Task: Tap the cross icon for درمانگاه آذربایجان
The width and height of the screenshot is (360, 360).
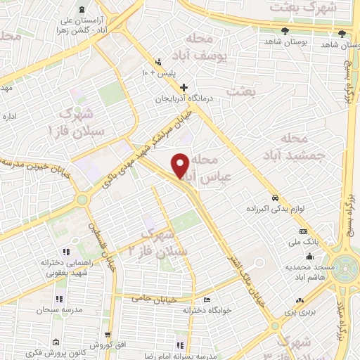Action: tap(184, 88)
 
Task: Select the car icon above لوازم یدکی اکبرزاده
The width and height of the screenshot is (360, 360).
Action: tap(275, 198)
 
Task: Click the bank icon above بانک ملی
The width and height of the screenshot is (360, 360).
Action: tap(303, 231)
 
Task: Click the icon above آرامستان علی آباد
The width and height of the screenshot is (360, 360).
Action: tap(84, 9)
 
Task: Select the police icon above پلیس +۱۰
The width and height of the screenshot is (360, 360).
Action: tap(159, 61)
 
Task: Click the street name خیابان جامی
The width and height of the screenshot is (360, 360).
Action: tap(150, 299)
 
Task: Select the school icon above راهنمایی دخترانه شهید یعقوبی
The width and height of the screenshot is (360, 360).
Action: tap(67, 252)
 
